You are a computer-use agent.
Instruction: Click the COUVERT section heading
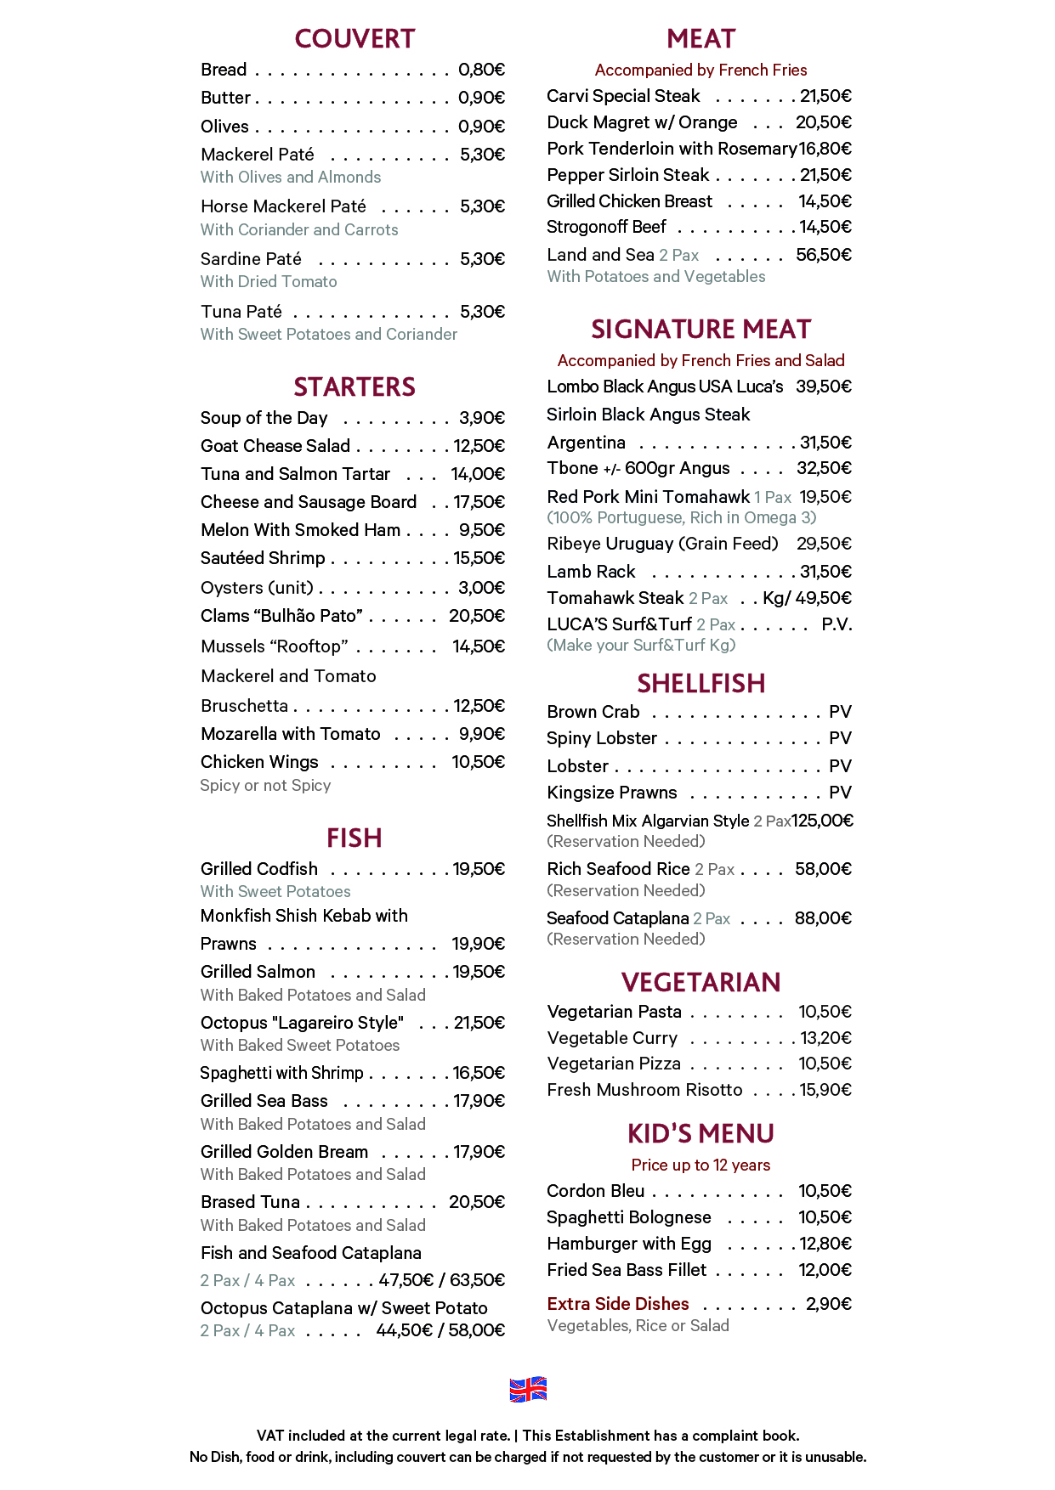(x=355, y=39)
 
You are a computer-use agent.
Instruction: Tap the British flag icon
(x=528, y=1389)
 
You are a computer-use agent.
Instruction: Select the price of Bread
(x=481, y=70)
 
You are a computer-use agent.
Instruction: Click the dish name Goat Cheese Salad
(x=275, y=446)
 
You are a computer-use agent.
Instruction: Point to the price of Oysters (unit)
(x=481, y=588)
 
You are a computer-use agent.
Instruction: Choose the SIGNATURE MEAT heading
(x=700, y=330)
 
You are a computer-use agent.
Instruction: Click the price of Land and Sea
(x=823, y=255)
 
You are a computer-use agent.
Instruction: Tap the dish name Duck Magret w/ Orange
(x=642, y=122)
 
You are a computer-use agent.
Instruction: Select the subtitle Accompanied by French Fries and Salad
(x=700, y=360)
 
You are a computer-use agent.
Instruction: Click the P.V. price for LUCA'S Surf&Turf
(x=837, y=624)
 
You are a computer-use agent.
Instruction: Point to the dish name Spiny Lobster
(x=602, y=738)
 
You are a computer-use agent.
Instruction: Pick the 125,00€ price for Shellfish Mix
(x=822, y=821)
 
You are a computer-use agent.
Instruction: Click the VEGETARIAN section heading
(x=700, y=983)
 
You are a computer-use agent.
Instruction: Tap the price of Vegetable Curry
(x=825, y=1038)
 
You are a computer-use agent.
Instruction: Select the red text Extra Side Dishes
(x=618, y=1304)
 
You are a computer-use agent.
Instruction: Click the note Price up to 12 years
(x=700, y=1165)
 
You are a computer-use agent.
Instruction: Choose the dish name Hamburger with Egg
(x=629, y=1244)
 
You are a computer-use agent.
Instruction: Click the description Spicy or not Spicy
(x=265, y=786)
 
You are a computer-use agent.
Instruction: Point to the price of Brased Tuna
(x=476, y=1202)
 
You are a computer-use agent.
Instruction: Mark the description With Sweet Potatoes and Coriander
(x=329, y=335)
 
